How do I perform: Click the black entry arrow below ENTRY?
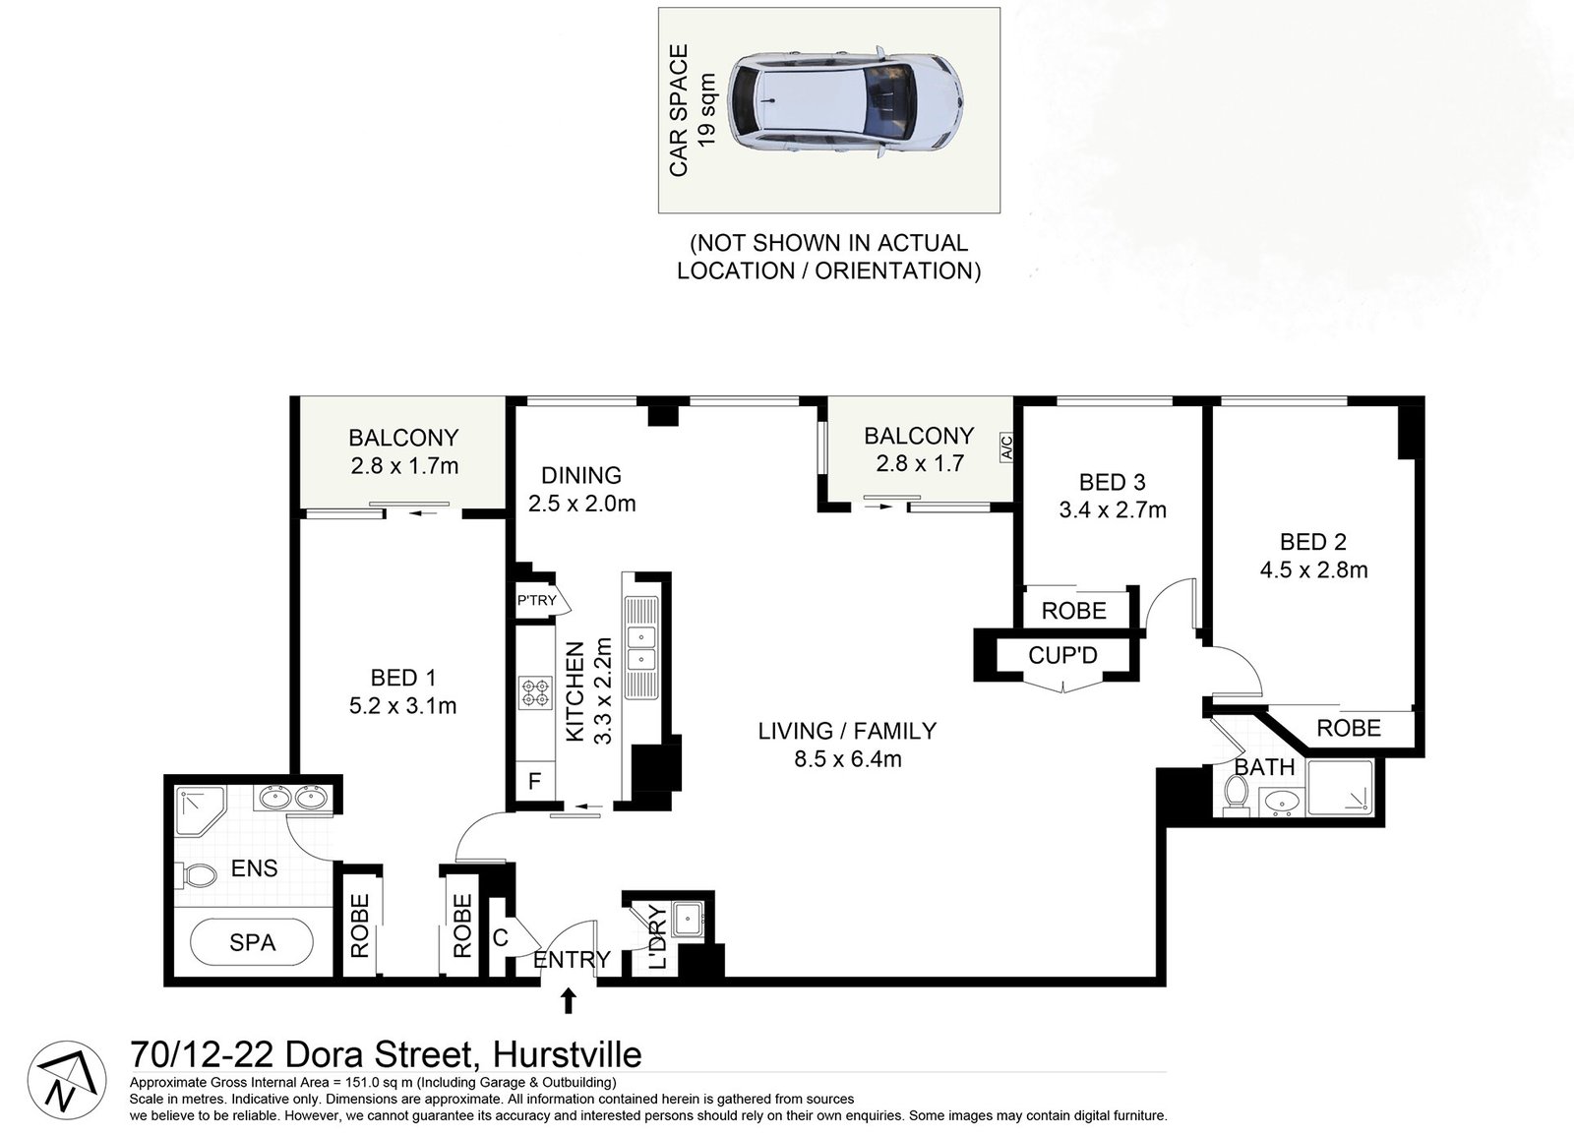[569, 1001]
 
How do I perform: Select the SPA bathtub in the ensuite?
[252, 943]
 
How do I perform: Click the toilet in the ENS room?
[198, 875]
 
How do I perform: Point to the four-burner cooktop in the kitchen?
[536, 693]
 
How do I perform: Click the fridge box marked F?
[535, 782]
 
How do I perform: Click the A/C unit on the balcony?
[1006, 448]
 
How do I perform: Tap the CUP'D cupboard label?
[1062, 655]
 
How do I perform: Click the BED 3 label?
[1112, 482]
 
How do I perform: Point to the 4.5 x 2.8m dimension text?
[1313, 569]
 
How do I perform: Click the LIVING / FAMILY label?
[846, 731]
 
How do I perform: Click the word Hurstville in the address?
[567, 1054]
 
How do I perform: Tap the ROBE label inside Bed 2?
[1349, 728]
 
